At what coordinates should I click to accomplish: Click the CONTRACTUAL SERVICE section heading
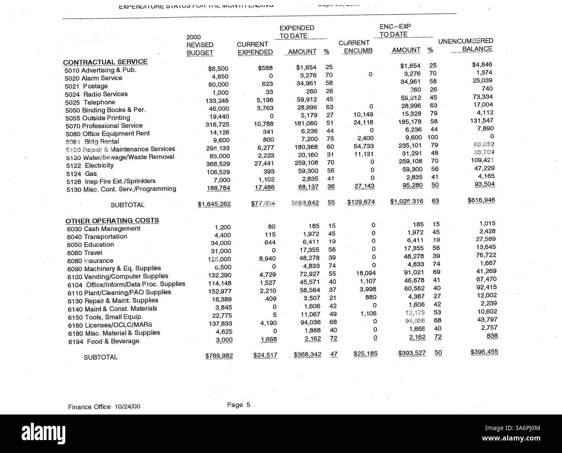click(x=105, y=62)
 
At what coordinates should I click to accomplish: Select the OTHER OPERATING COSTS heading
click(x=112, y=220)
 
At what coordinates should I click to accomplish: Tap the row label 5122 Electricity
click(x=89, y=165)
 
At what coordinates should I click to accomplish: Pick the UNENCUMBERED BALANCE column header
click(x=466, y=45)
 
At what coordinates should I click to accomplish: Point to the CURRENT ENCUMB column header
click(x=355, y=47)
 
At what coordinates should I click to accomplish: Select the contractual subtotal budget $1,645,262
click(x=214, y=204)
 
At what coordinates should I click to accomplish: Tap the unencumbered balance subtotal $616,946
click(x=481, y=200)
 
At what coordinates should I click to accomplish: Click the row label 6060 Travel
click(x=85, y=253)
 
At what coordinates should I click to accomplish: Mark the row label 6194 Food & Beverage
click(x=104, y=341)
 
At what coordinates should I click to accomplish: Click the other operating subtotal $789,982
click(x=219, y=355)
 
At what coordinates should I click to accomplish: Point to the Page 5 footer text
click(x=239, y=405)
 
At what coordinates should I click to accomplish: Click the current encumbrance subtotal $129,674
click(x=361, y=202)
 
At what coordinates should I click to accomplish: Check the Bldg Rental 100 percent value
click(x=432, y=137)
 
